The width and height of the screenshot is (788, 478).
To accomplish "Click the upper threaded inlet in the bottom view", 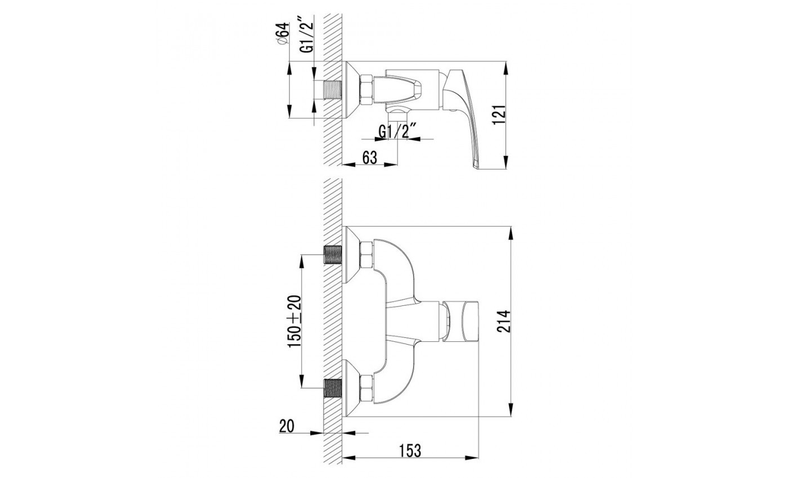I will point(333,255).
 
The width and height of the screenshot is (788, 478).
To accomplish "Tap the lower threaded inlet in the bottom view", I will point(333,388).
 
